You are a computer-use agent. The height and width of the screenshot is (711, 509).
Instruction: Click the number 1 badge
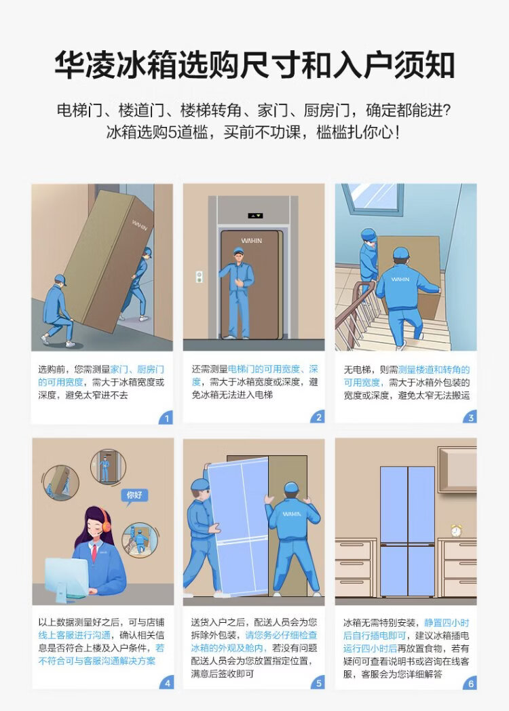tap(166, 418)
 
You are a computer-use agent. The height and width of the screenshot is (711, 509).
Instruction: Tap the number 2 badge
tap(318, 418)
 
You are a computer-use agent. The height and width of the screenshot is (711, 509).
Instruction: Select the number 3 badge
tap(470, 418)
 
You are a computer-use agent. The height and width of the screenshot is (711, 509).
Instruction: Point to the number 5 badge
tap(318, 683)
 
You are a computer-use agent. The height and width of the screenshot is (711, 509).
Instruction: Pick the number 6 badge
tap(470, 683)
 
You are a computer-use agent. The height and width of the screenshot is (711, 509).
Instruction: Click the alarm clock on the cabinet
tap(456, 530)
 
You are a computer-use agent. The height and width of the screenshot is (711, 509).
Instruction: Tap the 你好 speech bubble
tap(134, 495)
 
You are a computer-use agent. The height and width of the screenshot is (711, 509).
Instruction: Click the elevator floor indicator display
tap(255, 215)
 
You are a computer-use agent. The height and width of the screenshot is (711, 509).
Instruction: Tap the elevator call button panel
tap(199, 277)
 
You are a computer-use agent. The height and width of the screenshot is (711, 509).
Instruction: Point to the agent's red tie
tap(94, 552)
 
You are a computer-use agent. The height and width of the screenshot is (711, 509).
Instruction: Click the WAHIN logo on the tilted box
tap(140, 225)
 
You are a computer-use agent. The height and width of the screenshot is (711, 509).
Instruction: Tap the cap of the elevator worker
tap(238, 250)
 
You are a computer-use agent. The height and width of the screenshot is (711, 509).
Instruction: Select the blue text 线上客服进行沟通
tap(75, 635)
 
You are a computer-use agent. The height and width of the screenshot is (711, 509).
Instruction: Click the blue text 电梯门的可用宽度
tap(263, 369)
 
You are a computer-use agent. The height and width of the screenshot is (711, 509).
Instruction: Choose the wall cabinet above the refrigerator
tap(457, 469)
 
